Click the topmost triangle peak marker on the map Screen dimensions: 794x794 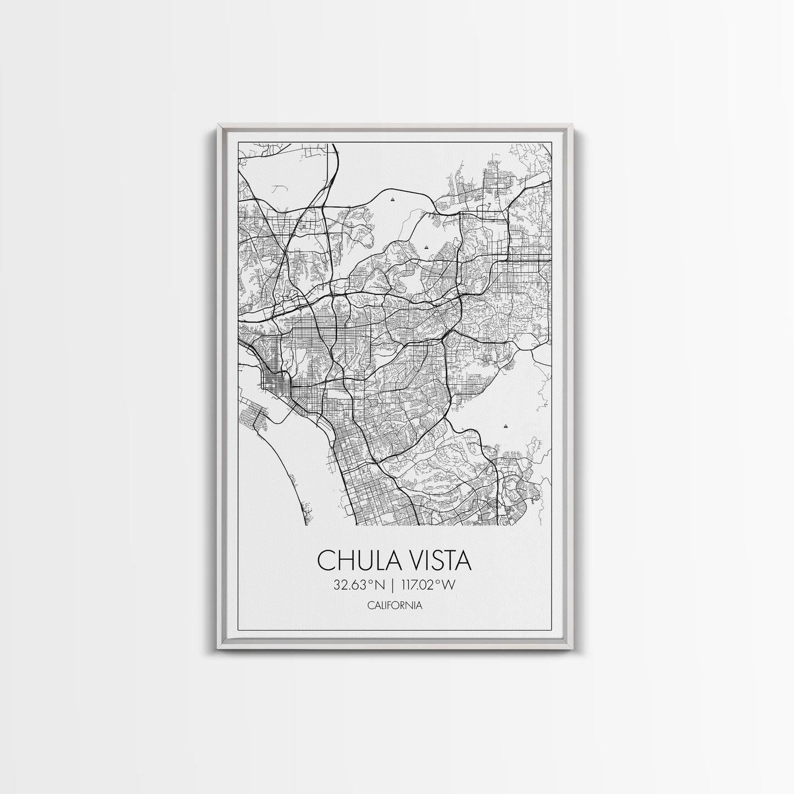click(x=392, y=201)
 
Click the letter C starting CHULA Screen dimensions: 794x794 click(x=325, y=562)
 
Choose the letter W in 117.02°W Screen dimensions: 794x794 click(x=449, y=585)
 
